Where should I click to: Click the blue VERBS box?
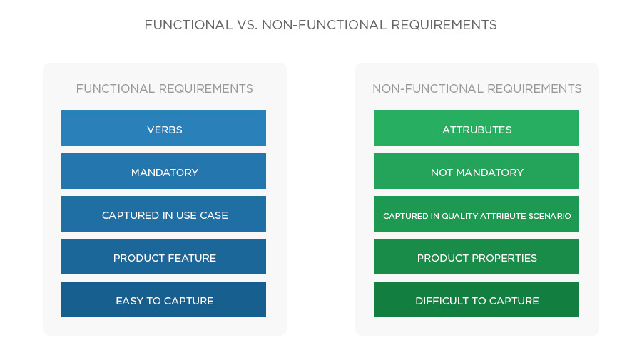click(164, 129)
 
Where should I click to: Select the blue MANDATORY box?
click(164, 172)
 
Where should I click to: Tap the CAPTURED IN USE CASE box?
click(164, 215)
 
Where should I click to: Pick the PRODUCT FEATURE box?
click(164, 257)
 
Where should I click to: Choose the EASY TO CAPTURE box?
click(164, 300)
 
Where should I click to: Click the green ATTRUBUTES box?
click(477, 129)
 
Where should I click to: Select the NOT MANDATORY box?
click(477, 172)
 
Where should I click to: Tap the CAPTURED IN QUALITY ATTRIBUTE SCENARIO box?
click(477, 215)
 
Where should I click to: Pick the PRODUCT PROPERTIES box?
click(477, 257)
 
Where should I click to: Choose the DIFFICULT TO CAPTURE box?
click(477, 300)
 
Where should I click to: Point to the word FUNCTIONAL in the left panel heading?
click(115, 89)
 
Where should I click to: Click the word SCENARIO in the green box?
click(550, 215)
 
